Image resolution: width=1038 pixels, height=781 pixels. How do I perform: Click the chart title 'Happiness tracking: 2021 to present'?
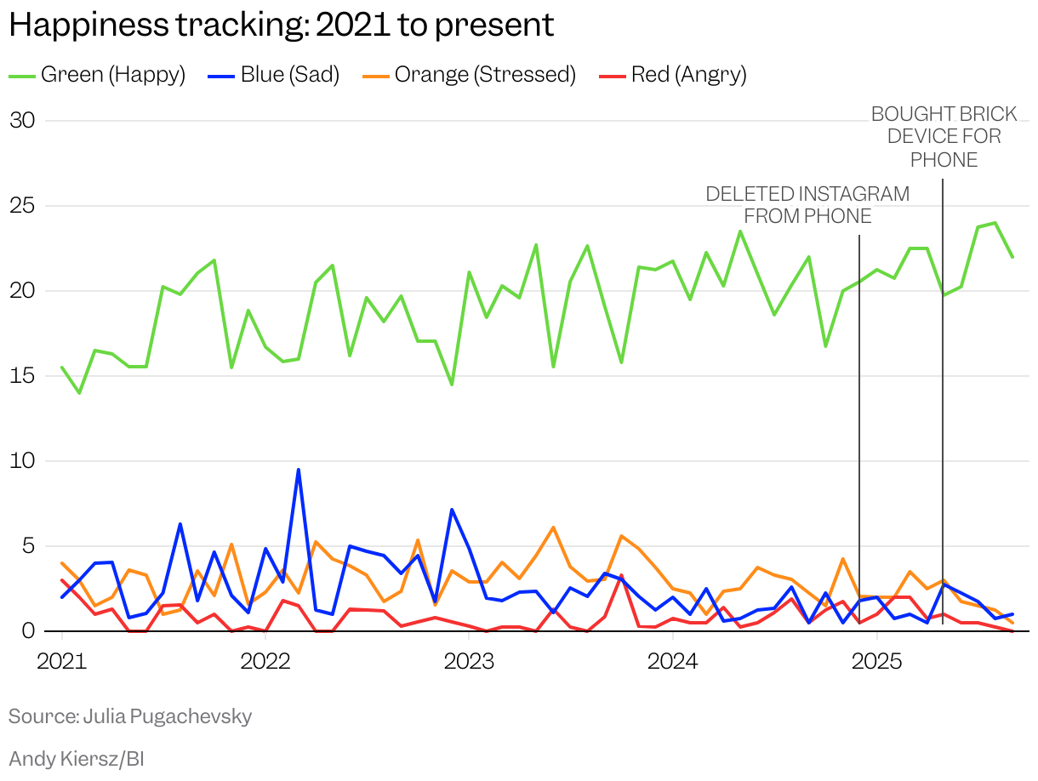[281, 25]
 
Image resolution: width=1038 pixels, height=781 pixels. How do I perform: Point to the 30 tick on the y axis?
[22, 120]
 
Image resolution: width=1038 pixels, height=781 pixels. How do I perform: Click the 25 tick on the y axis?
[22, 205]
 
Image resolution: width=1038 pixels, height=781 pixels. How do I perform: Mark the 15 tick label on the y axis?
[22, 375]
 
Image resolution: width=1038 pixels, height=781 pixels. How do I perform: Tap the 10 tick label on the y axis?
[22, 460]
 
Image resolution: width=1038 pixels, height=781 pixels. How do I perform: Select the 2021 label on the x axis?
[62, 661]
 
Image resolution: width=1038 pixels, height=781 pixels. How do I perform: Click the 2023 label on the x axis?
[469, 661]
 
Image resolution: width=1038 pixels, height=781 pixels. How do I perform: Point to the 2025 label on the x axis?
[876, 661]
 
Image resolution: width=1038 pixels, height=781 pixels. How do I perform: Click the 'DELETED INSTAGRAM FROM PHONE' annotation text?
[807, 205]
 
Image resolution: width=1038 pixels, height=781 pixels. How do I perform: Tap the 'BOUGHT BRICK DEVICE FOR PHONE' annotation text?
[944, 137]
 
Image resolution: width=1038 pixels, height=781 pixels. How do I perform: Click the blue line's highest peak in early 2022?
[299, 470]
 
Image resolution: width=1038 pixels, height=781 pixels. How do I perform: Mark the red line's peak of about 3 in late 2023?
[621, 576]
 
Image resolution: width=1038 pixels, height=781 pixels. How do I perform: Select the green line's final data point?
[1012, 257]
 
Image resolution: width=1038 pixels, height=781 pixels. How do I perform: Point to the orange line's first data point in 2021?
[62, 563]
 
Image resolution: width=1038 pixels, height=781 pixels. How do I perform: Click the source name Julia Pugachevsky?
[167, 716]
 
